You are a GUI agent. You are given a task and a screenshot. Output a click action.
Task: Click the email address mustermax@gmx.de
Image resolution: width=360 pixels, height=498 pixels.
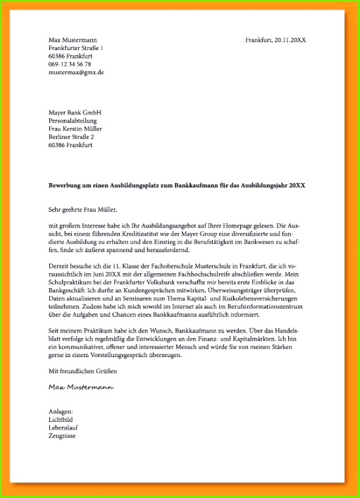click(x=76, y=72)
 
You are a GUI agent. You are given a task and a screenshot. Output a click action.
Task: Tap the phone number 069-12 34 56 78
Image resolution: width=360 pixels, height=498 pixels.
click(x=70, y=64)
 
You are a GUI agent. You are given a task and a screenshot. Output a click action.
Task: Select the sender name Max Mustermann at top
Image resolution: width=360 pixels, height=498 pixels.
click(x=73, y=39)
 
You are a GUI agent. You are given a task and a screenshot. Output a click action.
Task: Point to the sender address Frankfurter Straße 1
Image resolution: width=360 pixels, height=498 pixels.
click(x=76, y=48)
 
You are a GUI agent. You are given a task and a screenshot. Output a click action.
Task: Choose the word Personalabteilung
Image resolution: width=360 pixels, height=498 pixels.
click(x=73, y=120)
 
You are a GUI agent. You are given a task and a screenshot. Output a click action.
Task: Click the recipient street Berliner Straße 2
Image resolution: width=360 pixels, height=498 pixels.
click(x=73, y=137)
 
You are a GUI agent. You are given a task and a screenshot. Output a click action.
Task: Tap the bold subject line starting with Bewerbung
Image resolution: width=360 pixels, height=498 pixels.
click(x=177, y=185)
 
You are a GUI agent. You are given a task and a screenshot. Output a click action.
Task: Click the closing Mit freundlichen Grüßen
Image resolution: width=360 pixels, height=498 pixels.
click(x=82, y=371)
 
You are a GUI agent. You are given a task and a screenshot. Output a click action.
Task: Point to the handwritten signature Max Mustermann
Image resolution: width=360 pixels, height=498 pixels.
click(x=82, y=387)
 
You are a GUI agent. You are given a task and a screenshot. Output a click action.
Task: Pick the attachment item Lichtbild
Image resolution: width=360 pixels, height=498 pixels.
click(x=61, y=420)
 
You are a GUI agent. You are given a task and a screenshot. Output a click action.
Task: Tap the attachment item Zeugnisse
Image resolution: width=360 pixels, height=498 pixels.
click(x=62, y=437)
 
